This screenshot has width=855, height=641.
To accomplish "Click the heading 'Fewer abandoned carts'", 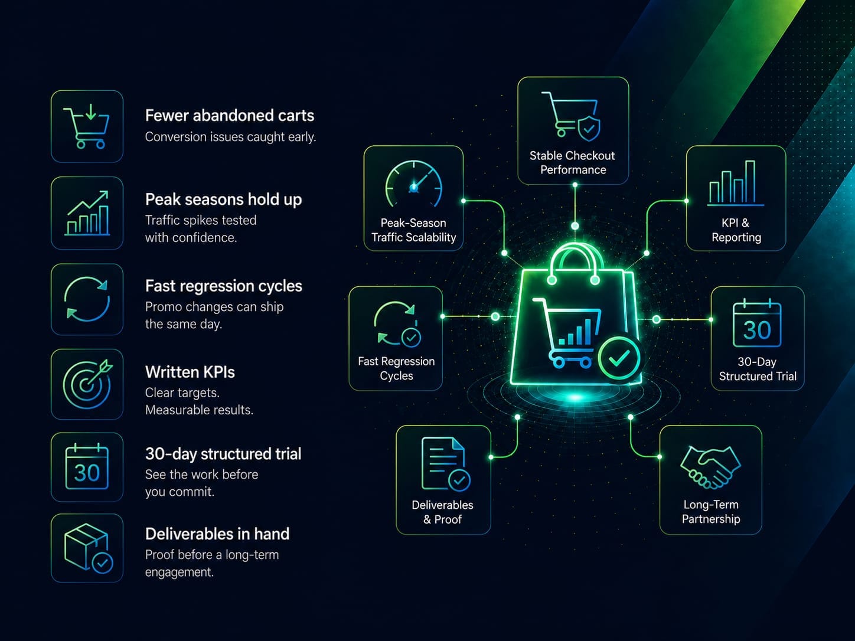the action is pos(230,116).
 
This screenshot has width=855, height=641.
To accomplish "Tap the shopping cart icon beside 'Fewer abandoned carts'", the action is pos(86,126).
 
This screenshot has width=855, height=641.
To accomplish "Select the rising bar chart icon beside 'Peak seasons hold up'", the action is pos(87,213).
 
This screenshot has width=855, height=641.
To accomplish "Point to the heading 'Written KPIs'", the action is pos(190,372).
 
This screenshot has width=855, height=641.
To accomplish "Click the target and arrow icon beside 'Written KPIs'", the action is pos(87,384).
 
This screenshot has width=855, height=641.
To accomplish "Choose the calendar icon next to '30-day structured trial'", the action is pos(87,466).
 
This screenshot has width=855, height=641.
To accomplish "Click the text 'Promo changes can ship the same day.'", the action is pos(214,315).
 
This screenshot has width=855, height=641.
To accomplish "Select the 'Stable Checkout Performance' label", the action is pos(573,163).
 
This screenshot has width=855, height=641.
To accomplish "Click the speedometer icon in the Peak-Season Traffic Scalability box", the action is pos(414,184).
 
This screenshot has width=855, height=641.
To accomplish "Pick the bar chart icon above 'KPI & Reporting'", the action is pos(735,183).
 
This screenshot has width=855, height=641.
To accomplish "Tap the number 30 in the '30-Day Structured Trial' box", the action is pos(757,330).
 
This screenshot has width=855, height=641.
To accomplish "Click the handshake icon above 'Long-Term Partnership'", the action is pos(710,467).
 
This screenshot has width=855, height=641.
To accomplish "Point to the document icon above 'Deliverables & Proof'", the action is pos(446,464).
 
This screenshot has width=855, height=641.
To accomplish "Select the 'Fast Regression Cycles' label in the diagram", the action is pos(396,368).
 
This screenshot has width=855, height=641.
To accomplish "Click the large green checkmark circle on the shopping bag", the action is pos(619,358).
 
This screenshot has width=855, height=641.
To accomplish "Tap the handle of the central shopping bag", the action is pos(573,252).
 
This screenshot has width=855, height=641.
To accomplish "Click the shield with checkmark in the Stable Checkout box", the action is pos(589,127).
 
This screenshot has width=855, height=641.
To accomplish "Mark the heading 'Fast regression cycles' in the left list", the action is pos(224,286).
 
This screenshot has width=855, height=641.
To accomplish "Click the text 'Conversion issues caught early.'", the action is pos(231,137).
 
